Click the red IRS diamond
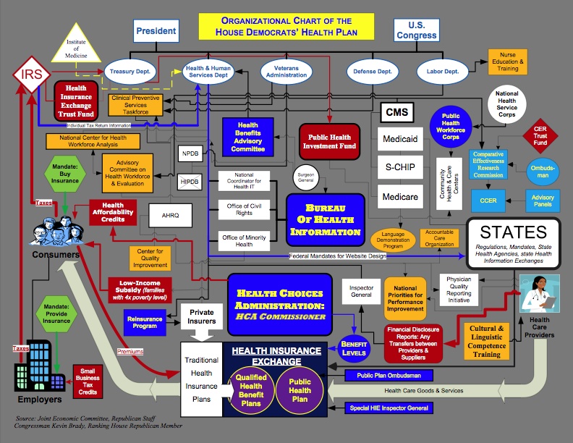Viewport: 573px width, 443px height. pos(30,73)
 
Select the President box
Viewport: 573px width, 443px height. pos(155,31)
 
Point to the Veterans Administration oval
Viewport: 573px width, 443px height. pos(286,72)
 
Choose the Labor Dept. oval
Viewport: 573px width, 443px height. pos(441,72)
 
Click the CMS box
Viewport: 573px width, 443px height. pos(397,112)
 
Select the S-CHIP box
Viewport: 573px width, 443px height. pos(401,167)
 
